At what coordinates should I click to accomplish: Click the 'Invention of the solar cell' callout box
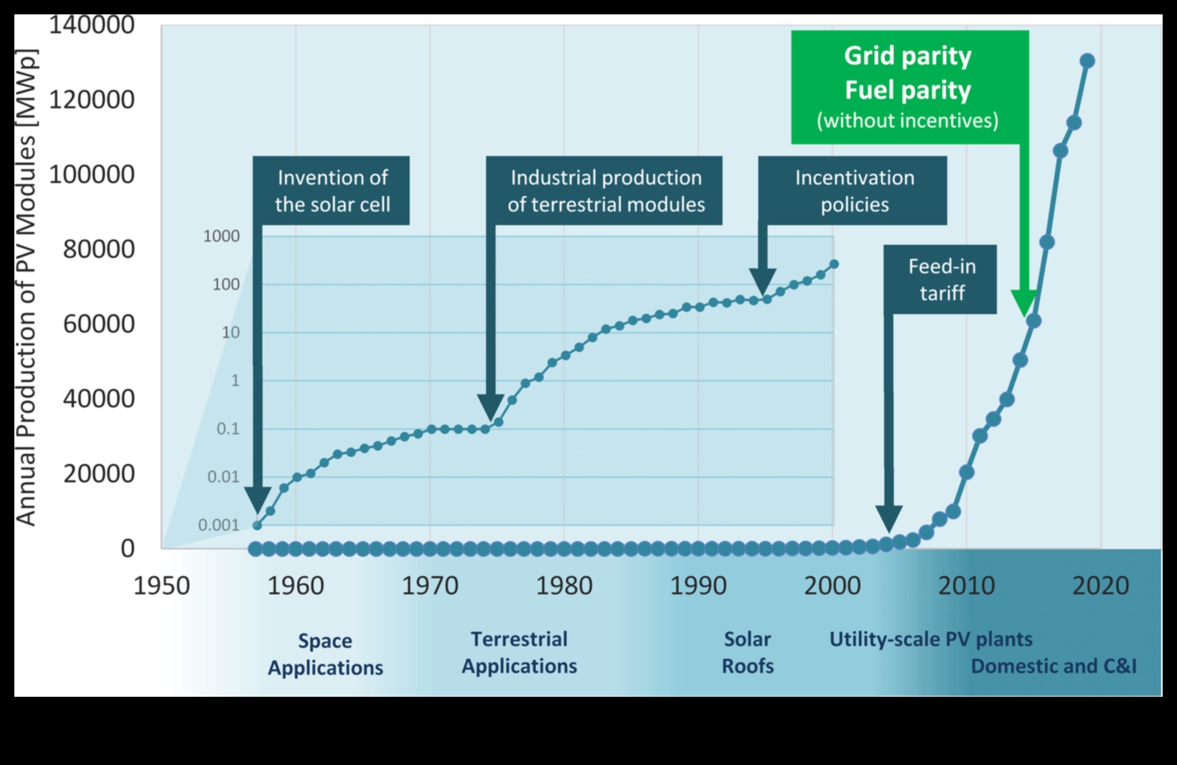click(332, 190)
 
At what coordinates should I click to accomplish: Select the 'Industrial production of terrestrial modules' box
click(604, 190)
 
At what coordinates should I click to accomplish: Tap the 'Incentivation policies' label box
click(853, 190)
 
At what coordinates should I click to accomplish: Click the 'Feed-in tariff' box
click(941, 279)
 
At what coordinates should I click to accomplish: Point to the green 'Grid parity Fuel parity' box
click(909, 87)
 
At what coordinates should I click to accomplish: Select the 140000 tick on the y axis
click(91, 25)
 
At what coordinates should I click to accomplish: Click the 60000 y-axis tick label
click(98, 324)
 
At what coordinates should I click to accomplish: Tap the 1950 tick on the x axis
click(161, 586)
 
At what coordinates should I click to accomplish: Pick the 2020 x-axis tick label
click(1100, 586)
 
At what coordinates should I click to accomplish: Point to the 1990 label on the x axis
click(698, 586)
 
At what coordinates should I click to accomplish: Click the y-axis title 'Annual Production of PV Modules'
click(25, 287)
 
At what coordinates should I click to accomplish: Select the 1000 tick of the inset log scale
click(221, 236)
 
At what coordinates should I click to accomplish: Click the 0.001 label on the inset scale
click(218, 525)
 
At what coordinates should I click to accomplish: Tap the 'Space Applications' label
click(325, 654)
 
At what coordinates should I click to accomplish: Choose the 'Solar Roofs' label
click(747, 652)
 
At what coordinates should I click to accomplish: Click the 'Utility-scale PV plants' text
click(930, 639)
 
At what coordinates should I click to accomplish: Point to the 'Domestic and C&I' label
click(1054, 667)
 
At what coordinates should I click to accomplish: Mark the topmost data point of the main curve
click(1087, 61)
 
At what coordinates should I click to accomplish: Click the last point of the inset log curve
click(834, 264)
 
